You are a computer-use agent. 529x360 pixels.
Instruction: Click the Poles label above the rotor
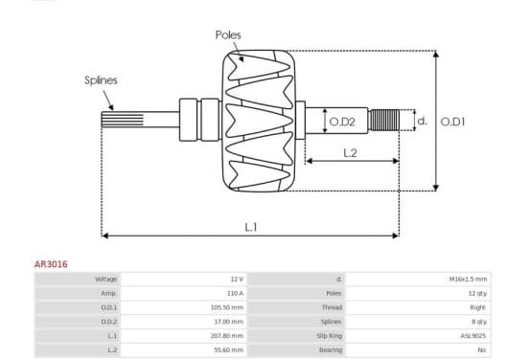[x=228, y=34]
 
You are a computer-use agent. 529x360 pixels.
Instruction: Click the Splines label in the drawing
[x=101, y=80]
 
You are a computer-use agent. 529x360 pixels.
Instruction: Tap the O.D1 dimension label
[x=452, y=122]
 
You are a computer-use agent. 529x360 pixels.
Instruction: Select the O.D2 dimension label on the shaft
[x=342, y=122]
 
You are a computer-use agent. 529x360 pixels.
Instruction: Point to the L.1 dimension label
[x=251, y=227]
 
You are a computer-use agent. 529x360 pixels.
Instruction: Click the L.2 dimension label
[x=350, y=153]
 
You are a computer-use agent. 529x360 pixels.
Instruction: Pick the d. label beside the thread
[x=423, y=121]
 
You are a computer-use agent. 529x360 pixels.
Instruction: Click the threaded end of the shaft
[x=384, y=120]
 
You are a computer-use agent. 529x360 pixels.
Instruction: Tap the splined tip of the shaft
[x=122, y=120]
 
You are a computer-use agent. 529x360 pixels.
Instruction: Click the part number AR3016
[x=51, y=264]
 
